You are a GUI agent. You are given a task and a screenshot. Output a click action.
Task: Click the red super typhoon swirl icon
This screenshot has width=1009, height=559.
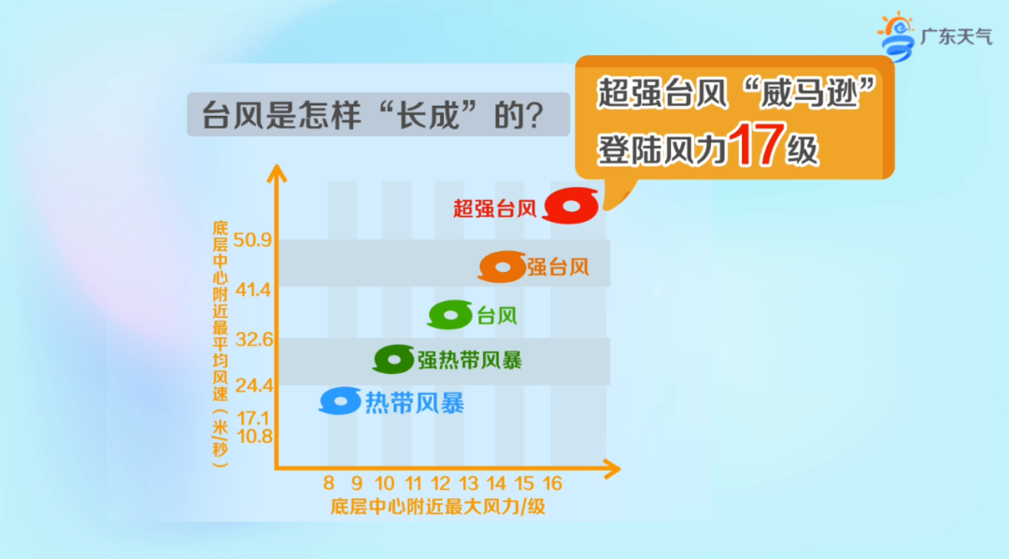click(x=571, y=207)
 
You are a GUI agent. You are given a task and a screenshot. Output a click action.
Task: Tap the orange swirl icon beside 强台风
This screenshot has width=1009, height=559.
click(x=502, y=267)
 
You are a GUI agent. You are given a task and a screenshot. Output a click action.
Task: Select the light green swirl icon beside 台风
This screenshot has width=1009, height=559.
click(x=450, y=315)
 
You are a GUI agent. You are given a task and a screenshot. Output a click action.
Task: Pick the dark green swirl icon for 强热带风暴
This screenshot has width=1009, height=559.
click(x=393, y=359)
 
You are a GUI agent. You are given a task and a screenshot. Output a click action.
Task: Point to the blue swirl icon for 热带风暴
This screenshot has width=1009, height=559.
click(x=340, y=401)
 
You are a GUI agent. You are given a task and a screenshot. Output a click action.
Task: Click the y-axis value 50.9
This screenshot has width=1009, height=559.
click(x=253, y=241)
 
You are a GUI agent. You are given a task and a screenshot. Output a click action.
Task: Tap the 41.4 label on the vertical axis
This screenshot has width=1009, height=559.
click(x=253, y=290)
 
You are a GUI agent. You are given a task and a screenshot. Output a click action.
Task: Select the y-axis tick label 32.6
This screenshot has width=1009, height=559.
click(x=253, y=339)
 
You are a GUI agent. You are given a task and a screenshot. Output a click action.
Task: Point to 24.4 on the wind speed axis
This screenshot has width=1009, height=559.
click(x=253, y=385)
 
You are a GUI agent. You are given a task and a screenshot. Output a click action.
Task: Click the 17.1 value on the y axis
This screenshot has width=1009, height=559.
click(x=253, y=417)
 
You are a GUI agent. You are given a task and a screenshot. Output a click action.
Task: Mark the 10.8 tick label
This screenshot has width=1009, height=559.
click(x=253, y=437)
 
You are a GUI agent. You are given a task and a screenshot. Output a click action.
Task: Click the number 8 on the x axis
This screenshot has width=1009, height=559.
click(x=329, y=483)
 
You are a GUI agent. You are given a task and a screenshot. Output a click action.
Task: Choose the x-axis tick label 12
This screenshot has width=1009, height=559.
click(x=440, y=483)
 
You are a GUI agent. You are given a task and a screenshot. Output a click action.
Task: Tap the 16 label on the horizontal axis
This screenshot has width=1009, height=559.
click(x=552, y=483)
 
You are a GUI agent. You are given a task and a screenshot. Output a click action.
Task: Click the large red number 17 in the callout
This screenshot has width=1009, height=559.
click(x=752, y=146)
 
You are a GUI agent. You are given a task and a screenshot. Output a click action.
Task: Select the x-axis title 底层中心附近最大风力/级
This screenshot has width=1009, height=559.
click(x=437, y=508)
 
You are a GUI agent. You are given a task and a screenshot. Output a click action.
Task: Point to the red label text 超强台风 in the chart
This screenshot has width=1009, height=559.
click(x=493, y=208)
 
